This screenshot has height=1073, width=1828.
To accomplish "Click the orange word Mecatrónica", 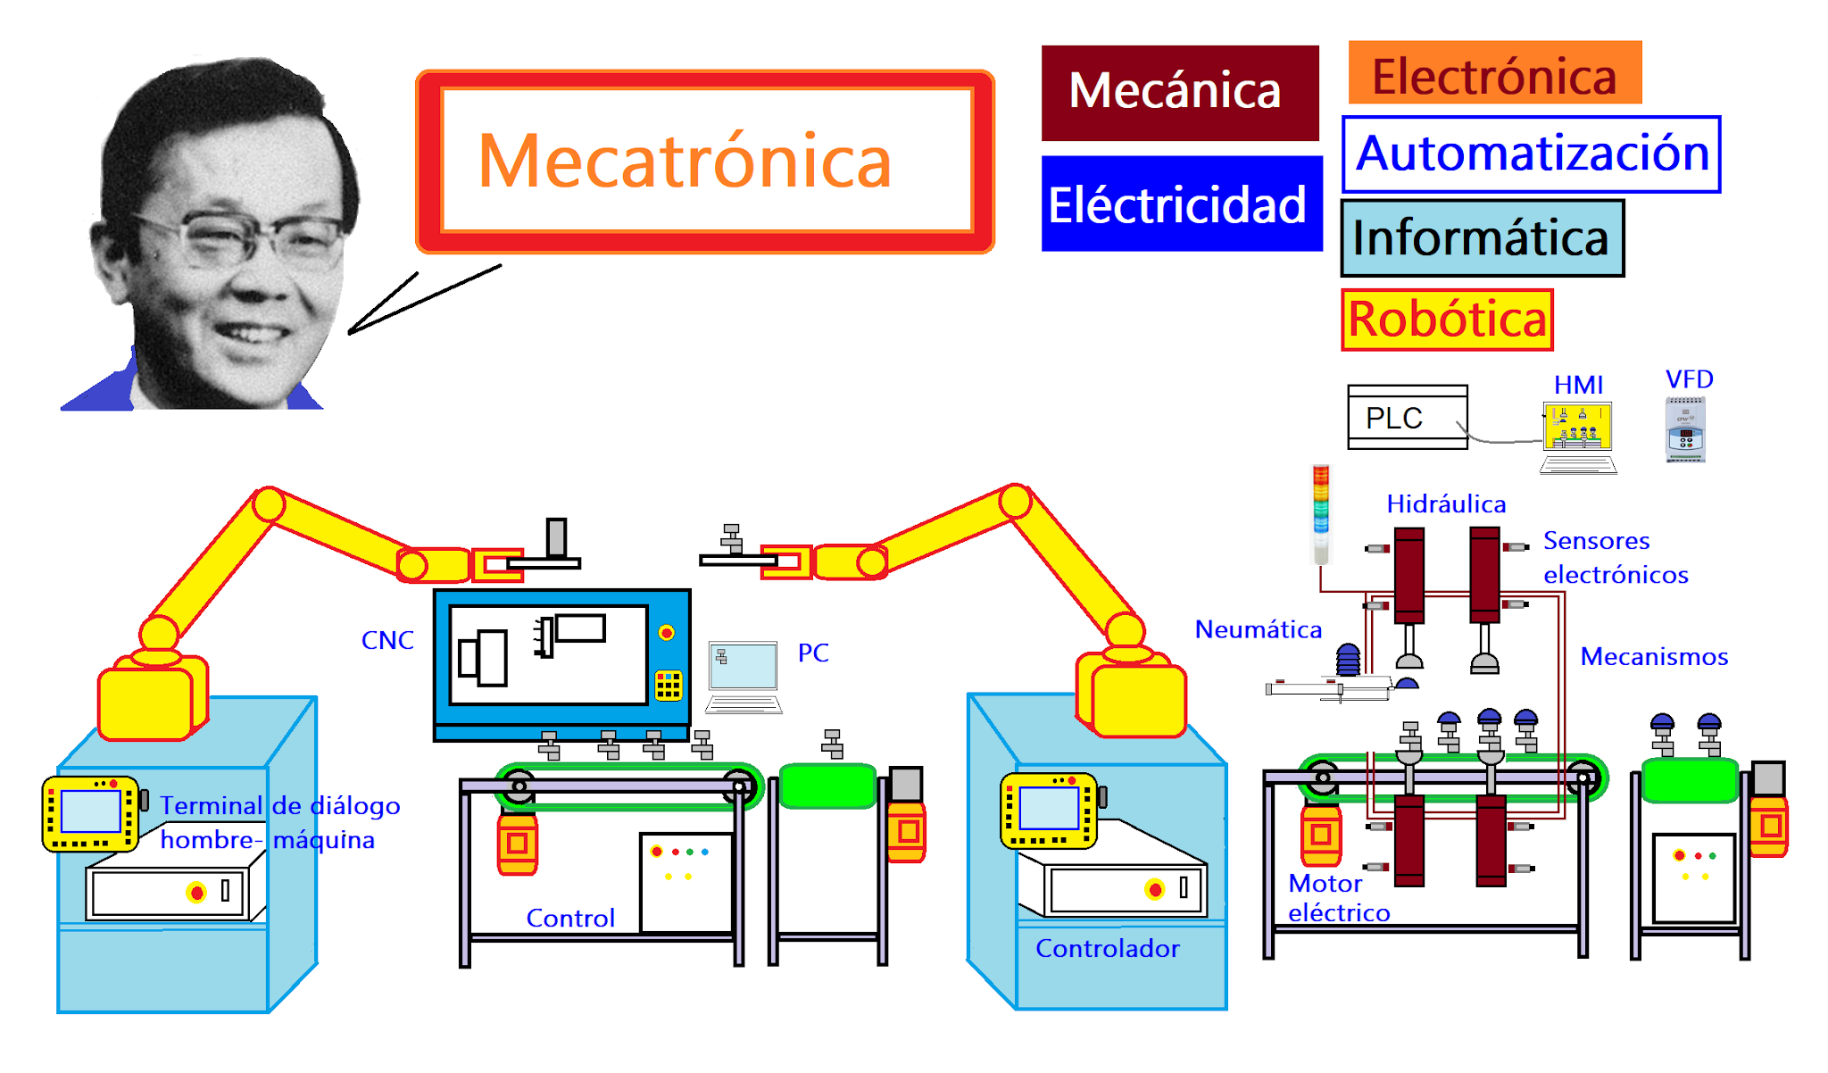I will point(685,162).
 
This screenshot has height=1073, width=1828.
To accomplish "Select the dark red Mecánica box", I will point(1179,93).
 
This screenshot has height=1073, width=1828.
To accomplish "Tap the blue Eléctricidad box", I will point(1181,204).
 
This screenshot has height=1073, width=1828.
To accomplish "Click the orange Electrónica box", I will point(1494,73).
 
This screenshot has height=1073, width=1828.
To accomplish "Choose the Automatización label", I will point(1531,154).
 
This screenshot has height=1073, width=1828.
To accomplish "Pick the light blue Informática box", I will point(1482,238).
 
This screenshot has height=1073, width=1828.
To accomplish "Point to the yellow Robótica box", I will point(1447,320).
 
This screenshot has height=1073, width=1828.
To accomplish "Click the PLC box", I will point(1407,417).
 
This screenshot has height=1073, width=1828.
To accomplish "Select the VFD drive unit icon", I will point(1685,429).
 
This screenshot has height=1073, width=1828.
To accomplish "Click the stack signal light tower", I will point(1321,513).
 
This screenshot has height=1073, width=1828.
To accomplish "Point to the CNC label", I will point(387,640).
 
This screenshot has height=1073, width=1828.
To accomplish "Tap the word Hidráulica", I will point(1446,504).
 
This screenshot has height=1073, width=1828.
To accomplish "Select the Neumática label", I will point(1258,629).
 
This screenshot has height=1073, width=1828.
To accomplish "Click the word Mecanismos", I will point(1654,657).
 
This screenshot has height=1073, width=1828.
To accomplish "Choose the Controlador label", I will point(1107,948).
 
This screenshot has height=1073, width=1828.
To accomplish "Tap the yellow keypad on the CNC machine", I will point(669,685).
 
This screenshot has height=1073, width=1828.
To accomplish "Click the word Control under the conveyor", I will point(570,918).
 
